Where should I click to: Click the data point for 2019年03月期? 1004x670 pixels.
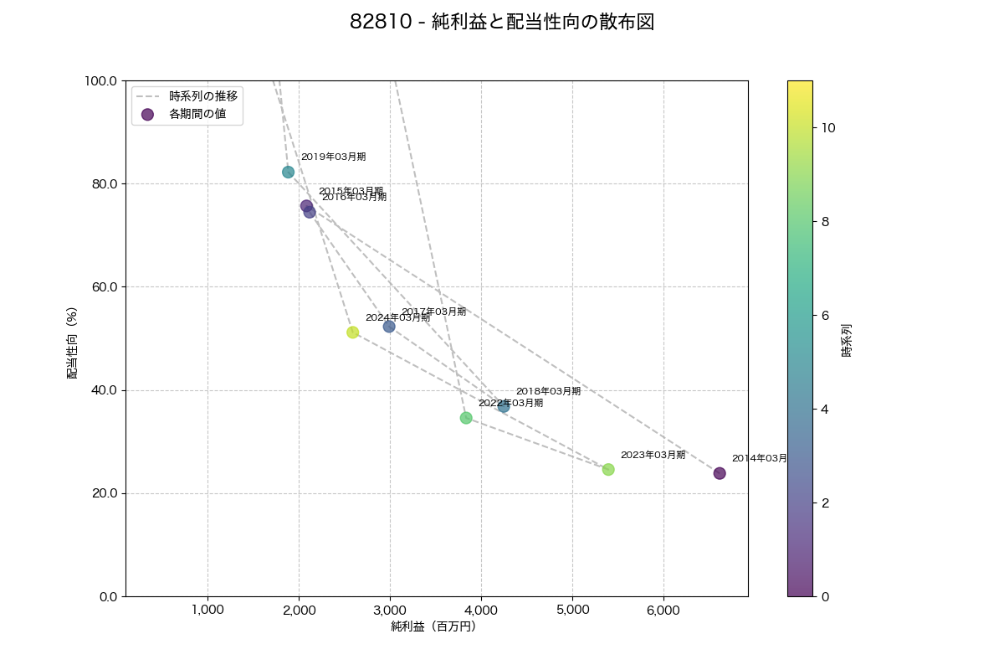click(288, 172)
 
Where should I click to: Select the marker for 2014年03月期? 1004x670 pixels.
click(720, 473)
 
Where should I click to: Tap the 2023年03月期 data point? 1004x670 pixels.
click(608, 470)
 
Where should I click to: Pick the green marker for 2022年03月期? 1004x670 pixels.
click(466, 418)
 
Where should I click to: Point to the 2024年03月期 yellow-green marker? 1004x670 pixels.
click(353, 332)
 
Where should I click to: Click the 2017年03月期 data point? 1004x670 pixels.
click(389, 327)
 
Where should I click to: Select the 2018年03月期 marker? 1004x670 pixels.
click(503, 406)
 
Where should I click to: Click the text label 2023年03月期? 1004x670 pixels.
click(653, 455)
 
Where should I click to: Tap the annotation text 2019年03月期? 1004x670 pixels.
click(333, 157)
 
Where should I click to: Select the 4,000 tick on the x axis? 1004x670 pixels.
click(481, 610)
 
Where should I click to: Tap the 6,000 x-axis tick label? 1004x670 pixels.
click(663, 610)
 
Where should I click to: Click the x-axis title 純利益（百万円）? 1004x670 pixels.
click(433, 626)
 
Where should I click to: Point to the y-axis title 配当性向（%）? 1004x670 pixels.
click(73, 343)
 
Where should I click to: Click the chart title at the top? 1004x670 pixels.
click(502, 23)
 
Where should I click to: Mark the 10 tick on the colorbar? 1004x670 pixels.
click(828, 127)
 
